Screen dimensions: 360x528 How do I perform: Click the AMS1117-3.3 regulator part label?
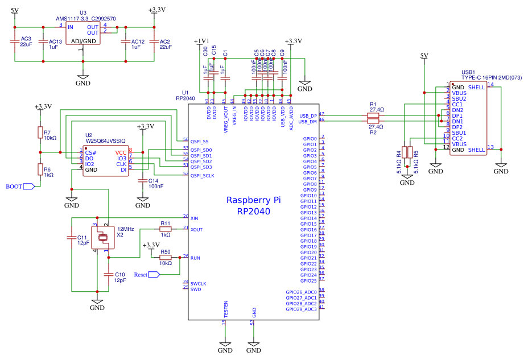coord(86,18)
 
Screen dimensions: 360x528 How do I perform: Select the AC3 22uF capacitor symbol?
coord(15,42)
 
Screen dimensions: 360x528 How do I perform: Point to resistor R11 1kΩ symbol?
coord(165,229)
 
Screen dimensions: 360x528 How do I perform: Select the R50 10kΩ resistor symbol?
coord(165,257)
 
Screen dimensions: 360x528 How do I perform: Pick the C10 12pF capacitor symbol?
coord(108,274)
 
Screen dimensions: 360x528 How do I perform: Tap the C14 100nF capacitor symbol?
coord(143,180)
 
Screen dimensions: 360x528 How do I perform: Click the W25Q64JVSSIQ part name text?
coord(105,140)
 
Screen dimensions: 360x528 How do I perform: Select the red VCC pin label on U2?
coord(121,152)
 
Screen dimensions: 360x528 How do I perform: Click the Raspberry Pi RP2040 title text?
coord(254,205)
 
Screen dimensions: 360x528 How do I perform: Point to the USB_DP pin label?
coord(307,115)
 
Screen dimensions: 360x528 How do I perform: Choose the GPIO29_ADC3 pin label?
coord(302,309)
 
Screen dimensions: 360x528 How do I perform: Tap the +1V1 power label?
coord(201,42)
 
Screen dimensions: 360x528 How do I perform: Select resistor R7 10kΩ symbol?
coord(40,134)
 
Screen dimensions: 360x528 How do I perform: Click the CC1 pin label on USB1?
coord(457,104)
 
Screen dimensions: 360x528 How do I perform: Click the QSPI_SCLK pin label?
coord(202,175)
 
